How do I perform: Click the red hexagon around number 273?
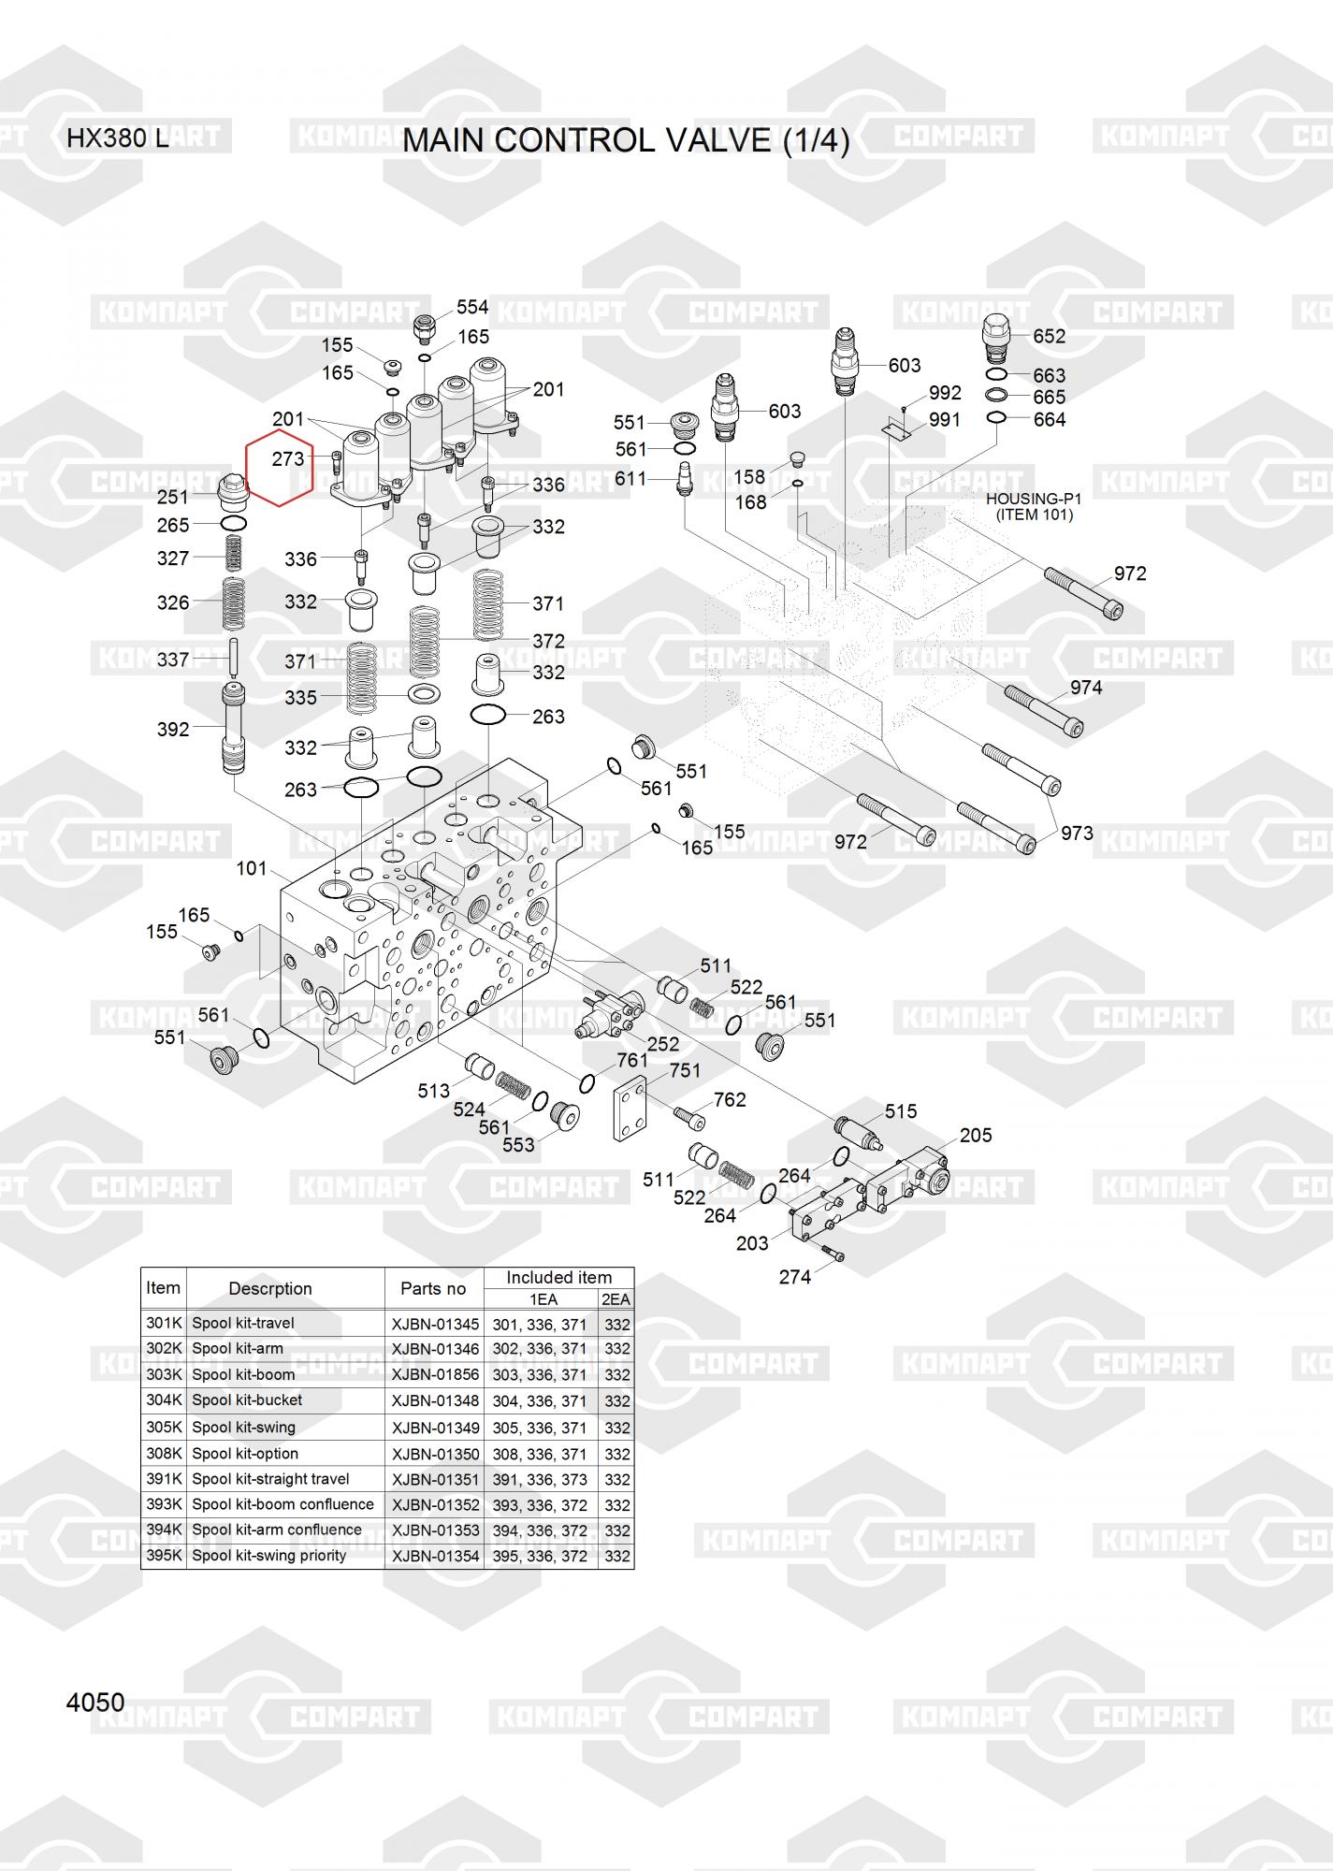click(x=279, y=468)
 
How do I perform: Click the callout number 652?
click(x=1050, y=336)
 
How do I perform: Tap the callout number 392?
click(x=173, y=729)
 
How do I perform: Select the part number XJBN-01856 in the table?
click(x=435, y=1375)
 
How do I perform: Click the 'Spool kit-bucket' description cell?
click(x=247, y=1400)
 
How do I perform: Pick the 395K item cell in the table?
click(x=164, y=1556)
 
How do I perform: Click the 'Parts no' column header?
click(x=433, y=1288)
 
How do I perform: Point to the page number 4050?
click(x=95, y=1703)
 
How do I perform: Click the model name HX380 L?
click(x=118, y=139)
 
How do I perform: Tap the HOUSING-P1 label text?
click(x=1034, y=500)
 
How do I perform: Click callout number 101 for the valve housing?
click(x=252, y=868)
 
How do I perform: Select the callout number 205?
click(x=976, y=1135)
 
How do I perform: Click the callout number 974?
click(x=1086, y=688)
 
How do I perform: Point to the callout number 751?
click(x=685, y=1070)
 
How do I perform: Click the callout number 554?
click(x=472, y=307)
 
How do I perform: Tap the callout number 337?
click(x=173, y=660)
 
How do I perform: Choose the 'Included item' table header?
click(x=558, y=1277)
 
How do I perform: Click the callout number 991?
click(x=945, y=420)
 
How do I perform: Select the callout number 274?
click(x=795, y=1277)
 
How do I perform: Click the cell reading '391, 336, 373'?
click(x=540, y=1480)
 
